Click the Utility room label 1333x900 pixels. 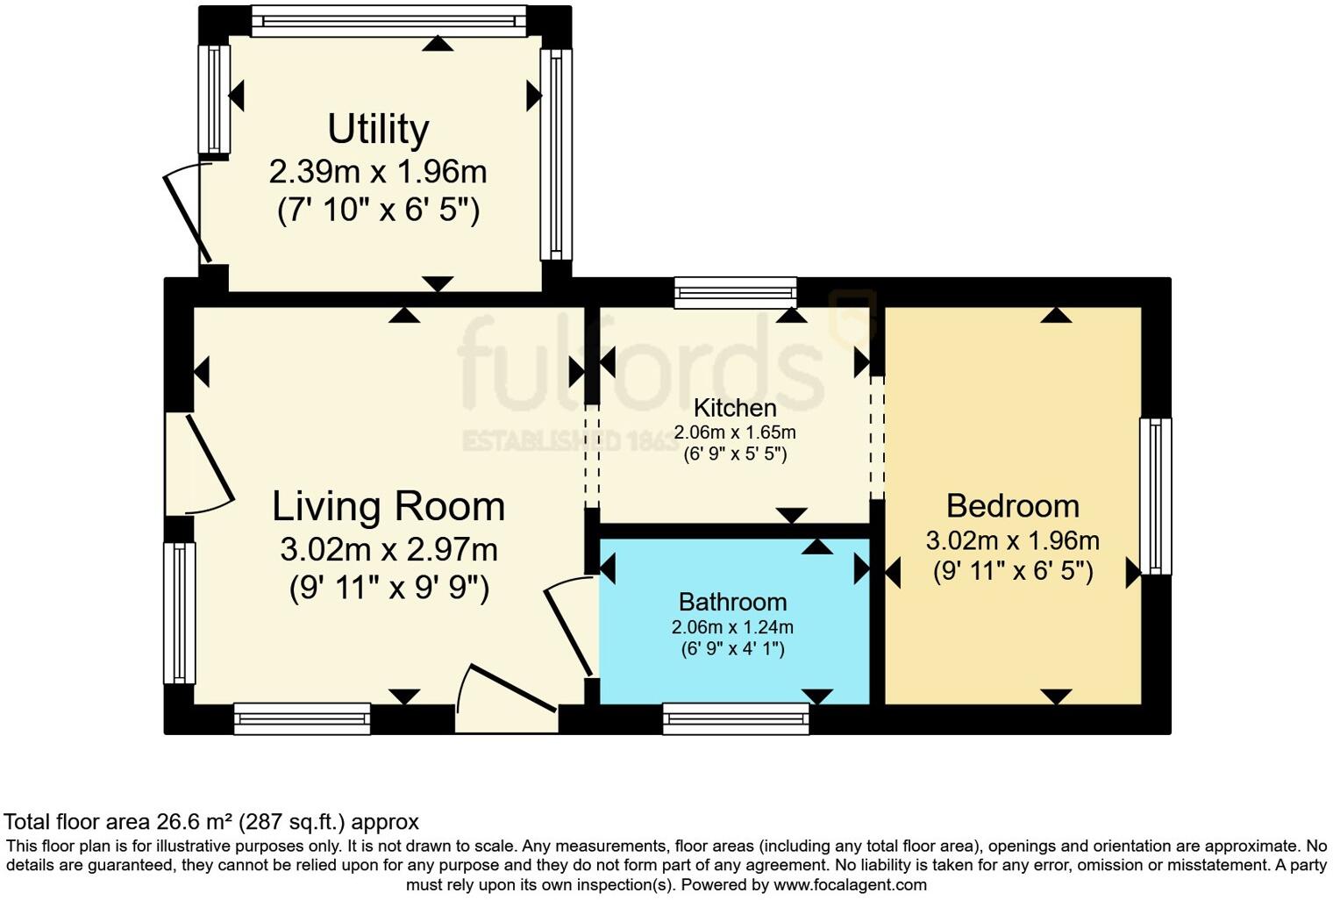[x=378, y=129]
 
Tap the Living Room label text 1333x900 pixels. [x=388, y=507]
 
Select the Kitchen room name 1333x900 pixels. [x=735, y=408]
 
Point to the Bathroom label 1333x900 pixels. [x=732, y=602]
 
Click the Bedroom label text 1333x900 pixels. [x=1012, y=506]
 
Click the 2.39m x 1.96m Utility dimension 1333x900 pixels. [x=378, y=171]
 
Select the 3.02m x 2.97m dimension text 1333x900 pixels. [x=388, y=550]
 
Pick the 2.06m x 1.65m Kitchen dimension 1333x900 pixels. [x=735, y=432]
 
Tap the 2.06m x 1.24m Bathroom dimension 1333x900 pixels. [x=732, y=627]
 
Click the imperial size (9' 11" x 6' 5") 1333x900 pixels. [x=1013, y=571]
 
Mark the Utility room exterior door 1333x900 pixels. [x=187, y=213]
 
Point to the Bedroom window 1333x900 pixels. [x=1155, y=496]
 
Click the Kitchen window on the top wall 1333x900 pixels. [x=735, y=292]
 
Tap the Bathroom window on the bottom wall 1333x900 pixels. [x=736, y=719]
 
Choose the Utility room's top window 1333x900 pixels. [x=388, y=21]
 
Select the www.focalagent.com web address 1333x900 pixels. [x=850, y=884]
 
